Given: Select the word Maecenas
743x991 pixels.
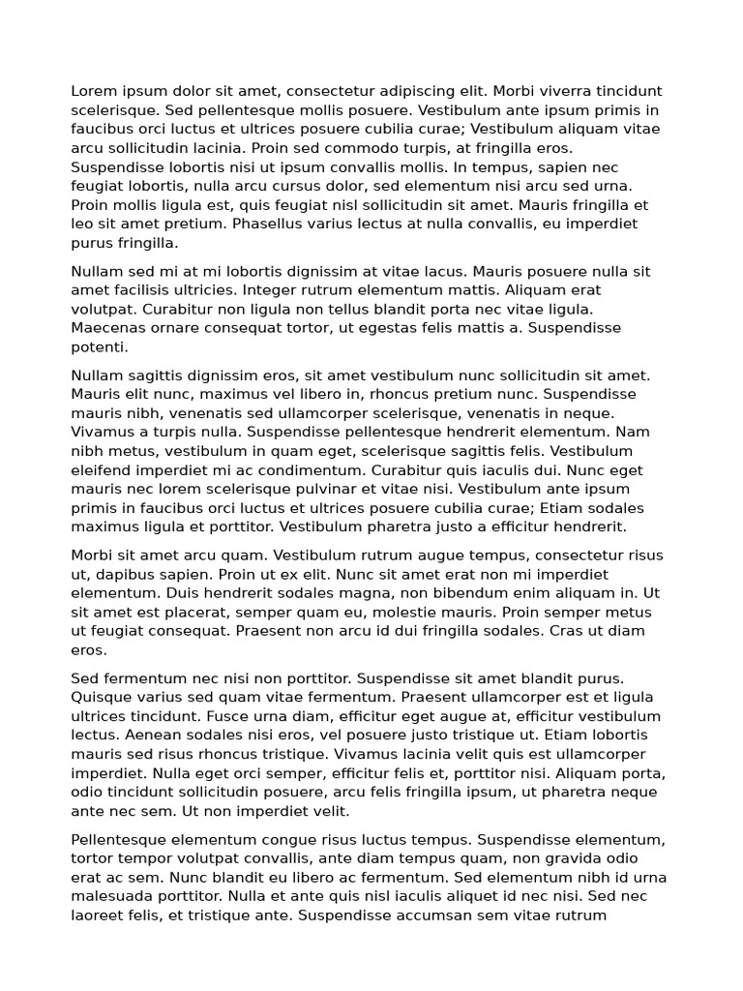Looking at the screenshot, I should (x=105, y=327).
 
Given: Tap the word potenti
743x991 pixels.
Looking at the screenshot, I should (x=99, y=346).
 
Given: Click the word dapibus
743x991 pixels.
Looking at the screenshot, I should (x=127, y=574).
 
